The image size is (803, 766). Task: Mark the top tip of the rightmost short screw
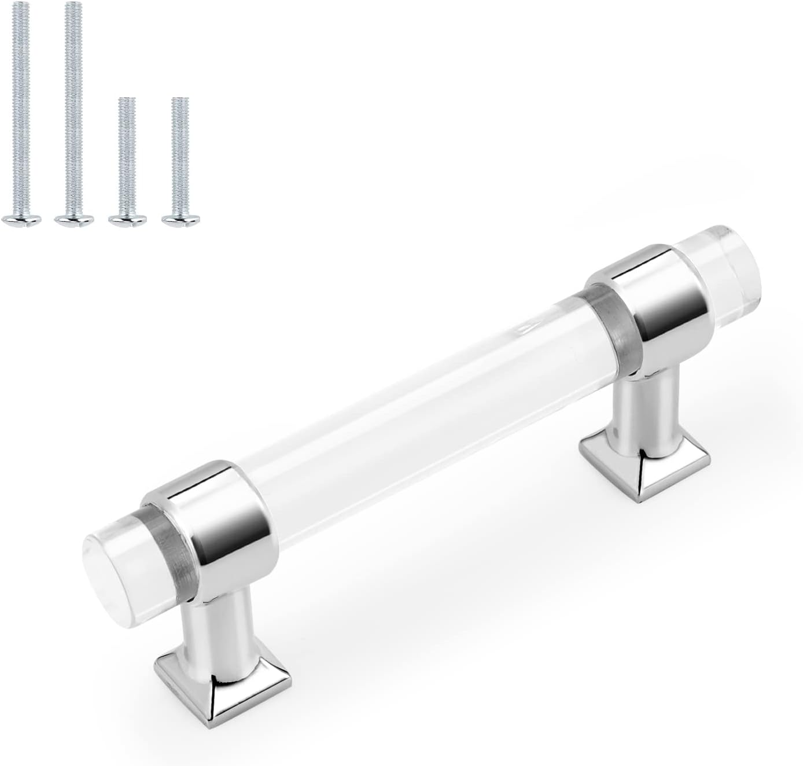[181, 100]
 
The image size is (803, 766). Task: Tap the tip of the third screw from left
[127, 100]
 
